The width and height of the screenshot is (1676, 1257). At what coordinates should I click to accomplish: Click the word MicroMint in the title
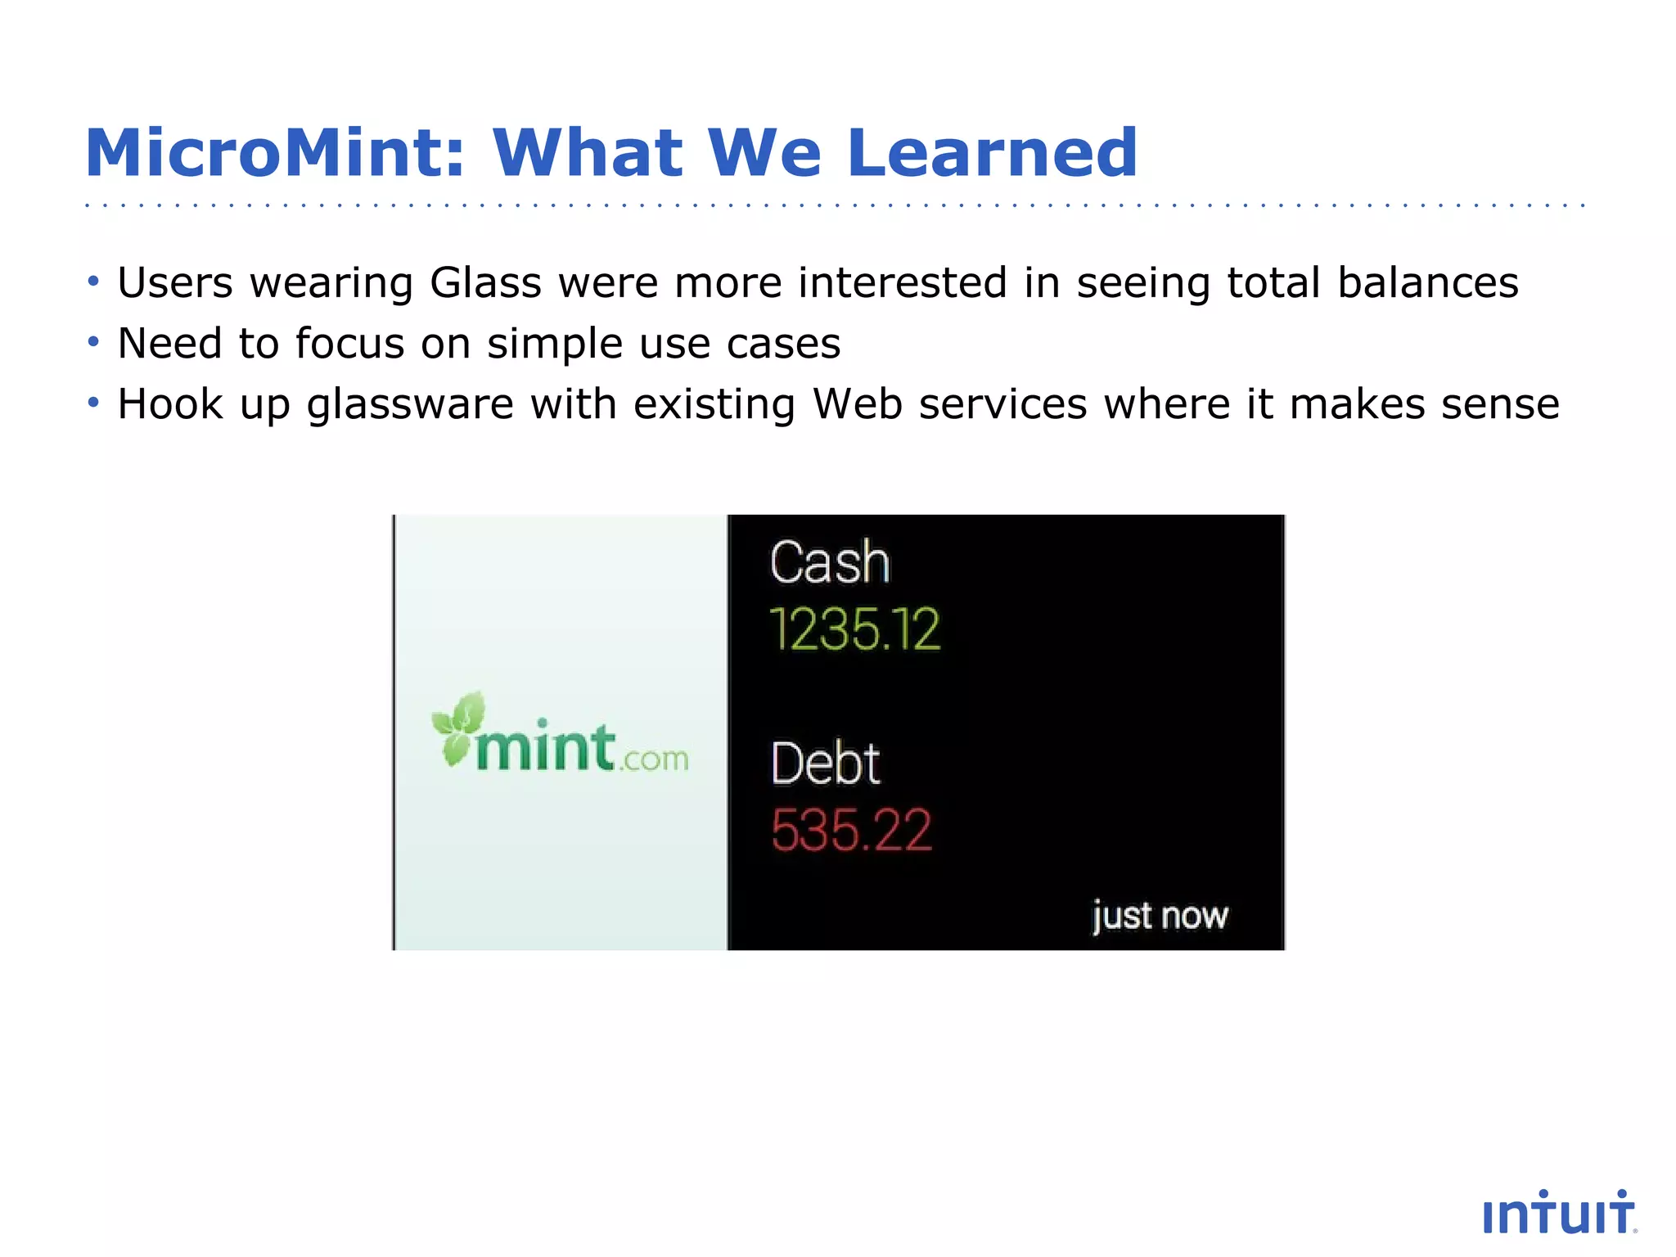(x=274, y=153)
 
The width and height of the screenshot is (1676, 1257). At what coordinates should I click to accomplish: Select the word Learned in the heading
(x=992, y=153)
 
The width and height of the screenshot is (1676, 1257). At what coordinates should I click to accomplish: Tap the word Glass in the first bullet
(x=485, y=283)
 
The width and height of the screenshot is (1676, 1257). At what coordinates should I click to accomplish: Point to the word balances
(x=1427, y=283)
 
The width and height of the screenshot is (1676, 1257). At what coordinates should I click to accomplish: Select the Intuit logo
(x=1559, y=1214)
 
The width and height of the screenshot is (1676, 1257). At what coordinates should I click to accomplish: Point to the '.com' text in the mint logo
(x=654, y=759)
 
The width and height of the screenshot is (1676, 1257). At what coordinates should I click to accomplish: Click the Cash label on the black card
(x=829, y=563)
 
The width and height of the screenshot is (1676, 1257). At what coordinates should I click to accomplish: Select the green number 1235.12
(x=855, y=630)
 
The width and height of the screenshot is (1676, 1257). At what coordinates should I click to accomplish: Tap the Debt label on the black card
(x=825, y=764)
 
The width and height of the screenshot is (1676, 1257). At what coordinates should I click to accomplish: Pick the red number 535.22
(x=851, y=831)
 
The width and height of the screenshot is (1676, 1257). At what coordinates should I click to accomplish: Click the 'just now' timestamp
(x=1160, y=916)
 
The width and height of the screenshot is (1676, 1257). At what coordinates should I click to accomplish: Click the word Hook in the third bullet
(x=169, y=404)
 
